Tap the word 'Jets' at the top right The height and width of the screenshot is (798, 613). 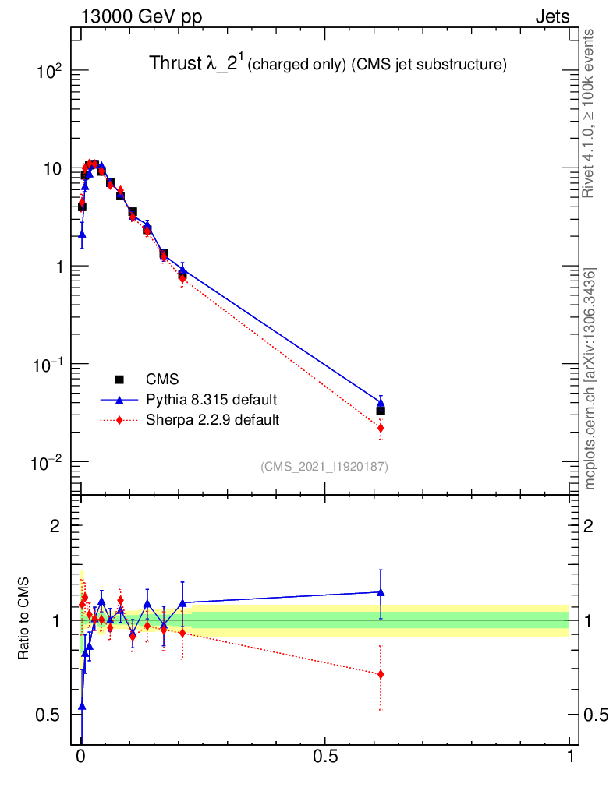551,16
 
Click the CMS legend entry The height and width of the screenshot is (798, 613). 162,380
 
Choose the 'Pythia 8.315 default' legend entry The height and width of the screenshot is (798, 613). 211,400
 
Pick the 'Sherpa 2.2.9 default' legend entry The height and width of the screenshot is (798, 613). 212,420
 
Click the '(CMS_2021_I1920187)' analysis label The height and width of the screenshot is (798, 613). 324,466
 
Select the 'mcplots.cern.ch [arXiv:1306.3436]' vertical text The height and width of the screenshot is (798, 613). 590,379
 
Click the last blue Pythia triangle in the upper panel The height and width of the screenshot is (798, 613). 381,404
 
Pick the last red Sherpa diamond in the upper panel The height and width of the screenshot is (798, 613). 381,428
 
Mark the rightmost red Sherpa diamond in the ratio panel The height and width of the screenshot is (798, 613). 381,674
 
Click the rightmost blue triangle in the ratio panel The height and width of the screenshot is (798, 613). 381,592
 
